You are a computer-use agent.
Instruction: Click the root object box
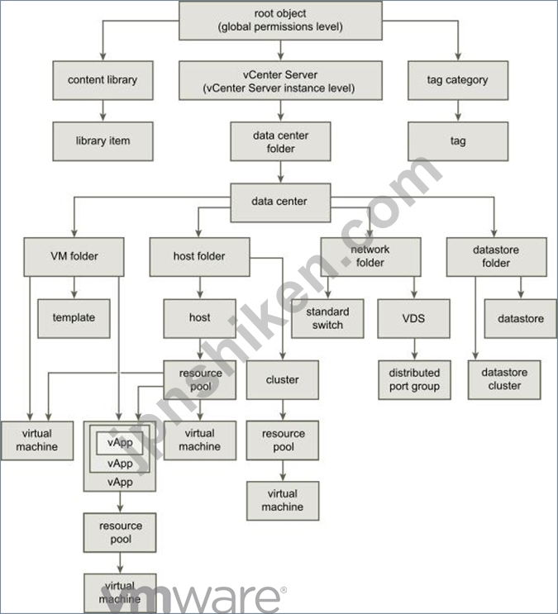pyautogui.click(x=280, y=21)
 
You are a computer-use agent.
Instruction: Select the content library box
pyautogui.click(x=103, y=80)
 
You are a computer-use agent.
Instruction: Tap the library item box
pyautogui.click(x=103, y=141)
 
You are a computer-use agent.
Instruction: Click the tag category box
pyautogui.click(x=458, y=80)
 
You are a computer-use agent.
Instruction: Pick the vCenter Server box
pyautogui.click(x=280, y=80)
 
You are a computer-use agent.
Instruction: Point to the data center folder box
pyautogui.click(x=280, y=141)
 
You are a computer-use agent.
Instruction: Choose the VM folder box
pyautogui.click(x=74, y=257)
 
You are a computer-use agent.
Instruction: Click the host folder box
pyautogui.click(x=199, y=257)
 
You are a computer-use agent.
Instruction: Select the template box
pyautogui.click(x=74, y=318)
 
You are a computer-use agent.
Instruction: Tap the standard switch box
pyautogui.click(x=327, y=318)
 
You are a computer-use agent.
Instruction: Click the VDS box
pyautogui.click(x=414, y=318)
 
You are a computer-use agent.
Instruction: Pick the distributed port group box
pyautogui.click(x=414, y=380)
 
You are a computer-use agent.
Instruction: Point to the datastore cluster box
pyautogui.click(x=504, y=380)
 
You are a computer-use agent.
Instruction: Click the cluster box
pyautogui.click(x=283, y=380)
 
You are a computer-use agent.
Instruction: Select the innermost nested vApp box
pyautogui.click(x=120, y=443)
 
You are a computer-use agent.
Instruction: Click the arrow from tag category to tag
pyautogui.click(x=458, y=111)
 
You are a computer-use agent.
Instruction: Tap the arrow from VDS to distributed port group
pyautogui.click(x=414, y=349)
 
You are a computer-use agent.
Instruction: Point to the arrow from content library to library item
pyautogui.click(x=103, y=111)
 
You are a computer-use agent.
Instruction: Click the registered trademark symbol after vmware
pyautogui.click(x=284, y=590)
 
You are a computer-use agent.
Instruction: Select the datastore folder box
pyautogui.click(x=497, y=257)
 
